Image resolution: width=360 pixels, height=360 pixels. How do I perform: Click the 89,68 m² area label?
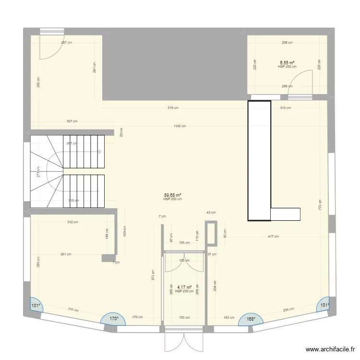pos(172,195)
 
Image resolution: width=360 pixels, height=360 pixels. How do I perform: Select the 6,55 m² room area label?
pos(287,62)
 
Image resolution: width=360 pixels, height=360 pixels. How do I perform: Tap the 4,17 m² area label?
pos(184,288)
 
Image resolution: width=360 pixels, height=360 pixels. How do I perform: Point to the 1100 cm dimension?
pos(180,126)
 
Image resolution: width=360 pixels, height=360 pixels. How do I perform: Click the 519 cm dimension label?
pos(173,108)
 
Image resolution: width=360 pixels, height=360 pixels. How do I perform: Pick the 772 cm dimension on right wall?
pos(320,205)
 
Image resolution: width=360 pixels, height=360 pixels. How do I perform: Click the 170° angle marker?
pos(113,318)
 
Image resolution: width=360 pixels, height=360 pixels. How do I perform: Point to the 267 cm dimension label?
pos(66,42)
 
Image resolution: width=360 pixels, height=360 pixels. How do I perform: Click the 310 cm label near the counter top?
pos(285,108)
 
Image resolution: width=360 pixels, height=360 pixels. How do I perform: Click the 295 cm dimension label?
pos(288,310)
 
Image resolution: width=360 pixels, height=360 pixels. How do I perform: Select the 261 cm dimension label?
pos(66,254)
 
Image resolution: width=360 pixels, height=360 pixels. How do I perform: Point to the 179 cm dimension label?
pos(137,317)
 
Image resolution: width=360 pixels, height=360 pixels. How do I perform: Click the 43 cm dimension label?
pos(211,213)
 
